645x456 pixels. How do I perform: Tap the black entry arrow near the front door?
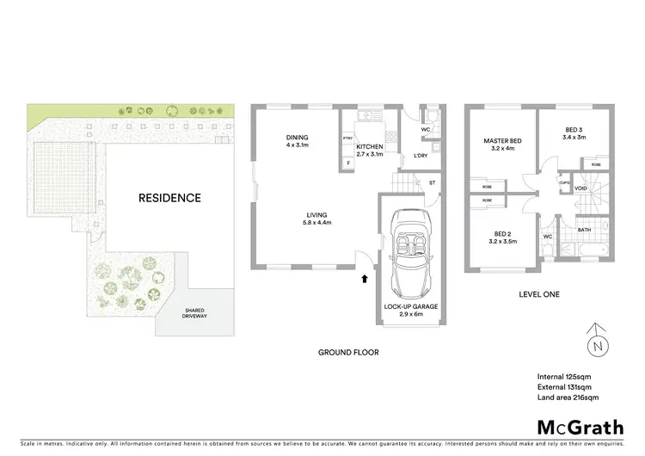(x=365, y=278)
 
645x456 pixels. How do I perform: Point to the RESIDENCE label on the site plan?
(x=169, y=198)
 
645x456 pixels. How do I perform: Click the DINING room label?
(x=298, y=138)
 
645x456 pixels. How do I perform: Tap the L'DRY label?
(x=421, y=155)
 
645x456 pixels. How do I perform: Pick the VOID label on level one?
(x=580, y=188)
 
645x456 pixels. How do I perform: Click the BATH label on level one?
(x=584, y=230)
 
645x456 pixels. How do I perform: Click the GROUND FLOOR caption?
(x=348, y=352)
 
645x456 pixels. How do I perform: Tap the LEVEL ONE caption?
(x=539, y=294)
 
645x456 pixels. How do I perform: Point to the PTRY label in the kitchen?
(x=348, y=138)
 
